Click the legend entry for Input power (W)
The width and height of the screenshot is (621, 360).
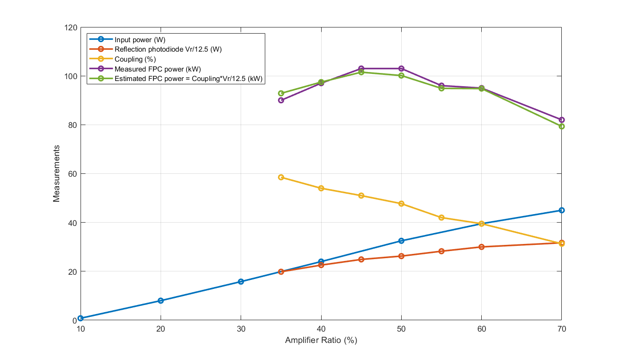[x=140, y=40]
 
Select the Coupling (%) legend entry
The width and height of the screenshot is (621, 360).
[x=135, y=59]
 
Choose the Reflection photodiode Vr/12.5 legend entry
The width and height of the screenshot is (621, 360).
[x=168, y=49]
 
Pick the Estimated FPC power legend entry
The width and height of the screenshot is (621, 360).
[x=188, y=79]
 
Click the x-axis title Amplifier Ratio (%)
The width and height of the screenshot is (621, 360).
[x=321, y=341]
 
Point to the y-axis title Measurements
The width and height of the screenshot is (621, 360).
[x=56, y=174]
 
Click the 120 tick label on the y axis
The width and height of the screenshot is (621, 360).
[x=71, y=27]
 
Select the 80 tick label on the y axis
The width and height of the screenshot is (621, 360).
[x=73, y=125]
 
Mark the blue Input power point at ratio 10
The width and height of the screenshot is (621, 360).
[x=81, y=318]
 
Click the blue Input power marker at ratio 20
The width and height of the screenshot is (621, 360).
[x=161, y=301]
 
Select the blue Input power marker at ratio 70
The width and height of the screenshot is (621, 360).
[x=561, y=210]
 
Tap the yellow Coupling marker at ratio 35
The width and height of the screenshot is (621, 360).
[x=281, y=177]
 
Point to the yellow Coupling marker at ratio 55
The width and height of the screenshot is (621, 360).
[x=441, y=218]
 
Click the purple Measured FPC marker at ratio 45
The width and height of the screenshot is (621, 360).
[x=361, y=69]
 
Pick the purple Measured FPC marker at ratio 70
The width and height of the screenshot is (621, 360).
[x=561, y=120]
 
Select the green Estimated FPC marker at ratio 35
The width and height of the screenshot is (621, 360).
[x=281, y=93]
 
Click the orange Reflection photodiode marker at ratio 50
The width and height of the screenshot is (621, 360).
[x=401, y=256]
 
